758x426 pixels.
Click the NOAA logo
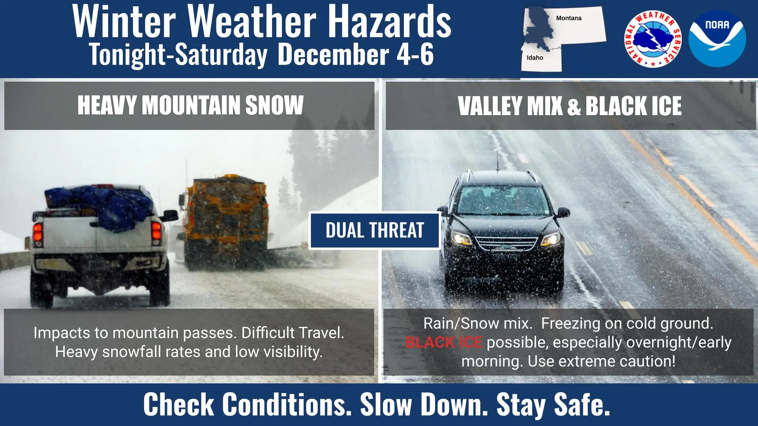(x=717, y=38)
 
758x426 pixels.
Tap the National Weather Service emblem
(x=653, y=39)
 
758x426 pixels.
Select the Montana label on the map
(x=568, y=18)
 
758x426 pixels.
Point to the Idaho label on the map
(x=535, y=58)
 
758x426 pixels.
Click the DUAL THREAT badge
(x=375, y=230)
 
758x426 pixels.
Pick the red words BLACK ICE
(x=444, y=342)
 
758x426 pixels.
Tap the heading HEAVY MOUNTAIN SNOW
(x=190, y=105)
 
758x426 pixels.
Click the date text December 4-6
(x=356, y=54)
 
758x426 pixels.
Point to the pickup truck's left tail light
(x=38, y=232)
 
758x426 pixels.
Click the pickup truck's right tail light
(x=156, y=230)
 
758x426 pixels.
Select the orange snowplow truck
(x=224, y=221)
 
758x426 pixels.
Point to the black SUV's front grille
(x=507, y=243)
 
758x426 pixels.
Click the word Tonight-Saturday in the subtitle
(x=178, y=54)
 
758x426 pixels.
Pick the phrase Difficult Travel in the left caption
(x=293, y=333)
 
